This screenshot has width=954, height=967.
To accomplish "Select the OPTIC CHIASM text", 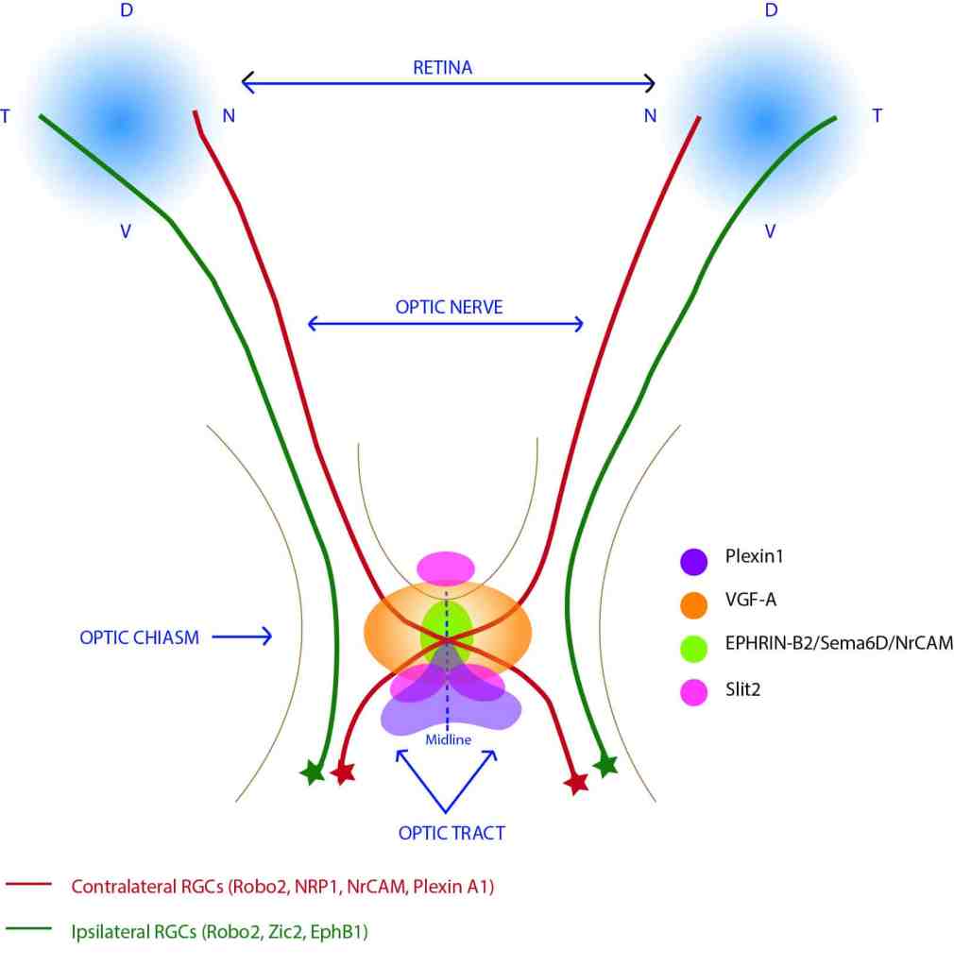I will coord(140,637).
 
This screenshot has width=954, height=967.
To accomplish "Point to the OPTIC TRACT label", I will coord(451,833).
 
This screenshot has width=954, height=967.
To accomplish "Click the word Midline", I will coord(448,740).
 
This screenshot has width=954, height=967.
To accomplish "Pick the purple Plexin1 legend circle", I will coord(694,559).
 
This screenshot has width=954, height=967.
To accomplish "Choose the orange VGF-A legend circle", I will coord(694,603).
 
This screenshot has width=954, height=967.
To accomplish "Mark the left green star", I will coord(311,773).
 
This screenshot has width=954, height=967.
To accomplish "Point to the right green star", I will coord(605,766).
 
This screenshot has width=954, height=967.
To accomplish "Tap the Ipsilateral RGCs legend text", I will coord(219,933).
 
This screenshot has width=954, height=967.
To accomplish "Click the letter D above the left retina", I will coord(126,11).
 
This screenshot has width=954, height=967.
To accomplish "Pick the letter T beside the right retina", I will coord(877,116).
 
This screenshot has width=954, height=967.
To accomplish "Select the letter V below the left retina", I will coord(125,230).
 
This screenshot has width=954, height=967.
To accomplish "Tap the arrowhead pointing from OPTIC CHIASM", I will coord(267,637).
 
